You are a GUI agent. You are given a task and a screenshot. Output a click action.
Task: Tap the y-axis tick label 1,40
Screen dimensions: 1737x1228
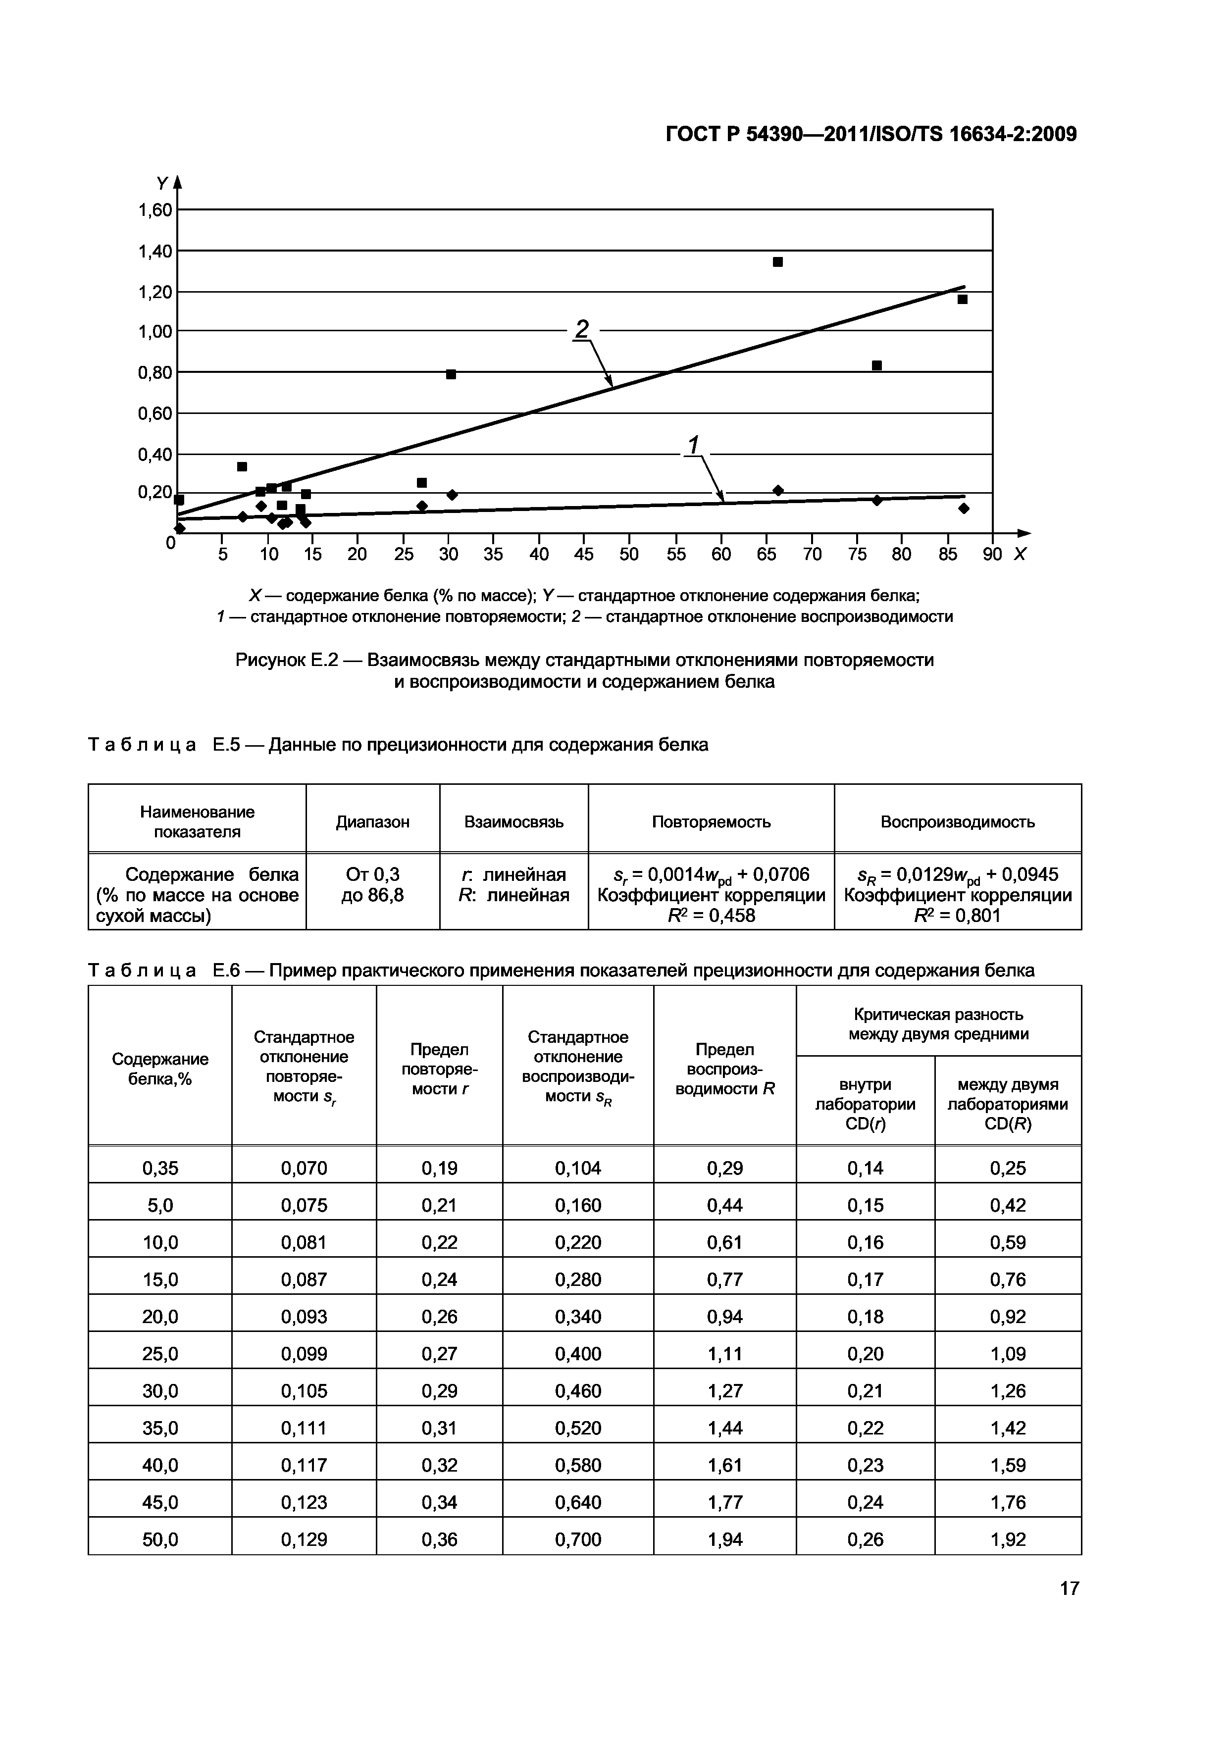coord(154,251)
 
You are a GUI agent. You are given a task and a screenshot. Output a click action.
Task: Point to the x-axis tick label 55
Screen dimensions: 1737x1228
coord(676,555)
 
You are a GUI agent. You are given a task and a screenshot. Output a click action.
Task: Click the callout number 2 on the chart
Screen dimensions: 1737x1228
coord(581,329)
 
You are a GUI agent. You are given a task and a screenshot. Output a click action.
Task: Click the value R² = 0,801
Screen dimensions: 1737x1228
coord(957,916)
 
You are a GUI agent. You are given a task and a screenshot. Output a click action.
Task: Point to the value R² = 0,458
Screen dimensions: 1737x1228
coord(711,916)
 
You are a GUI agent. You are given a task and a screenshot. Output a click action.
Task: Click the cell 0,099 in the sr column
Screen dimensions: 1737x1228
coord(304,1353)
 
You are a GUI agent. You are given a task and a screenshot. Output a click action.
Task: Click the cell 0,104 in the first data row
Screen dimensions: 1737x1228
coord(577,1168)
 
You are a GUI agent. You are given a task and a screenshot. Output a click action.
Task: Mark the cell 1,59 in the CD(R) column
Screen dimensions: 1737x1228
coord(1008,1465)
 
